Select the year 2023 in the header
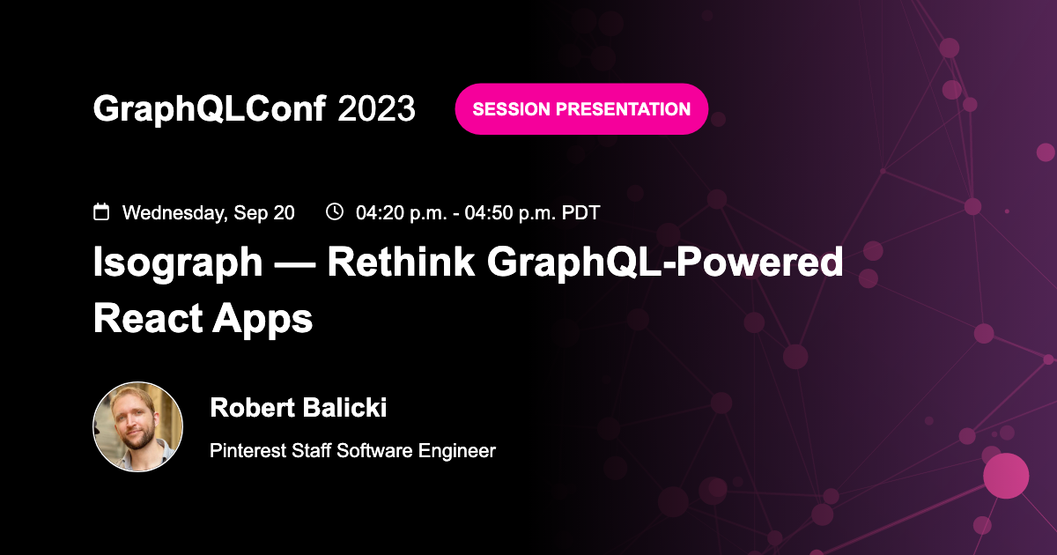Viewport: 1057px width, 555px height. (x=376, y=108)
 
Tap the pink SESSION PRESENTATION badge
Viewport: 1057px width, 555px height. (x=581, y=109)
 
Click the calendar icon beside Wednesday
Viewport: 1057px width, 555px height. (x=101, y=212)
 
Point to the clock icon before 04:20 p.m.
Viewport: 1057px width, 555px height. (x=334, y=211)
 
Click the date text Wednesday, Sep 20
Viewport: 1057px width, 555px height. (x=209, y=212)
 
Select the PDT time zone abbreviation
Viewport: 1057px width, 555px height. (x=581, y=212)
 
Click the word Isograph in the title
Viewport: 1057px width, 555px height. (x=177, y=263)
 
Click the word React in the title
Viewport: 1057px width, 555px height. (x=144, y=319)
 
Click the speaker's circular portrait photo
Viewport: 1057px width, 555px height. (x=137, y=426)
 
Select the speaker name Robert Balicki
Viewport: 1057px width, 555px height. (x=299, y=408)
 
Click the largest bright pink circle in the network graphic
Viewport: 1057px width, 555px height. (x=1006, y=476)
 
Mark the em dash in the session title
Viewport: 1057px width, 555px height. (x=294, y=264)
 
